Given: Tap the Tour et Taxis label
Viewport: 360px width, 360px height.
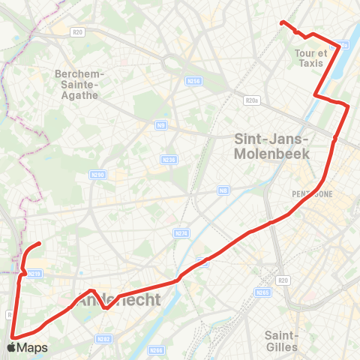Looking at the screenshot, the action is click(x=312, y=58).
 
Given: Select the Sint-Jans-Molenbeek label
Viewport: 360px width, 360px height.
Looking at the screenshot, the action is click(x=271, y=145).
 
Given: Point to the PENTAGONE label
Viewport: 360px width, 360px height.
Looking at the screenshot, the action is click(x=312, y=193).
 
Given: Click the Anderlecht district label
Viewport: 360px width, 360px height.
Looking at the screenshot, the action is click(x=120, y=301).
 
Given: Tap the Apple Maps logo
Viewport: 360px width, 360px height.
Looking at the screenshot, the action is click(x=27, y=347).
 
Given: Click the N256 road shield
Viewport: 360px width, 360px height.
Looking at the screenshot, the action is click(x=193, y=81).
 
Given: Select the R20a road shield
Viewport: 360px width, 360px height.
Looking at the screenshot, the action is click(x=251, y=100).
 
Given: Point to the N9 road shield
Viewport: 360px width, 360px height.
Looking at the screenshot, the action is click(x=161, y=125).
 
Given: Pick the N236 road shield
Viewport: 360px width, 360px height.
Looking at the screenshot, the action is click(x=169, y=159).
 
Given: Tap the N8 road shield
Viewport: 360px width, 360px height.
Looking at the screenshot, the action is click(x=223, y=191).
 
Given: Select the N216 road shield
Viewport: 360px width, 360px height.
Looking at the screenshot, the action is click(x=34, y=274).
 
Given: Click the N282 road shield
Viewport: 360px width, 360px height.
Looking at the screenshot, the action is click(x=103, y=339).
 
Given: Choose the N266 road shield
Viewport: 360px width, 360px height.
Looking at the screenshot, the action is click(x=156, y=349).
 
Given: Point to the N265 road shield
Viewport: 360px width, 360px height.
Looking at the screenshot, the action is click(x=262, y=292).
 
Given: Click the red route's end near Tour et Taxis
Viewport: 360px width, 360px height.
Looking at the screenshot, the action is click(x=282, y=23).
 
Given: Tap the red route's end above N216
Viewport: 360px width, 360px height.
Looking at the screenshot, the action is click(x=38, y=244).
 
